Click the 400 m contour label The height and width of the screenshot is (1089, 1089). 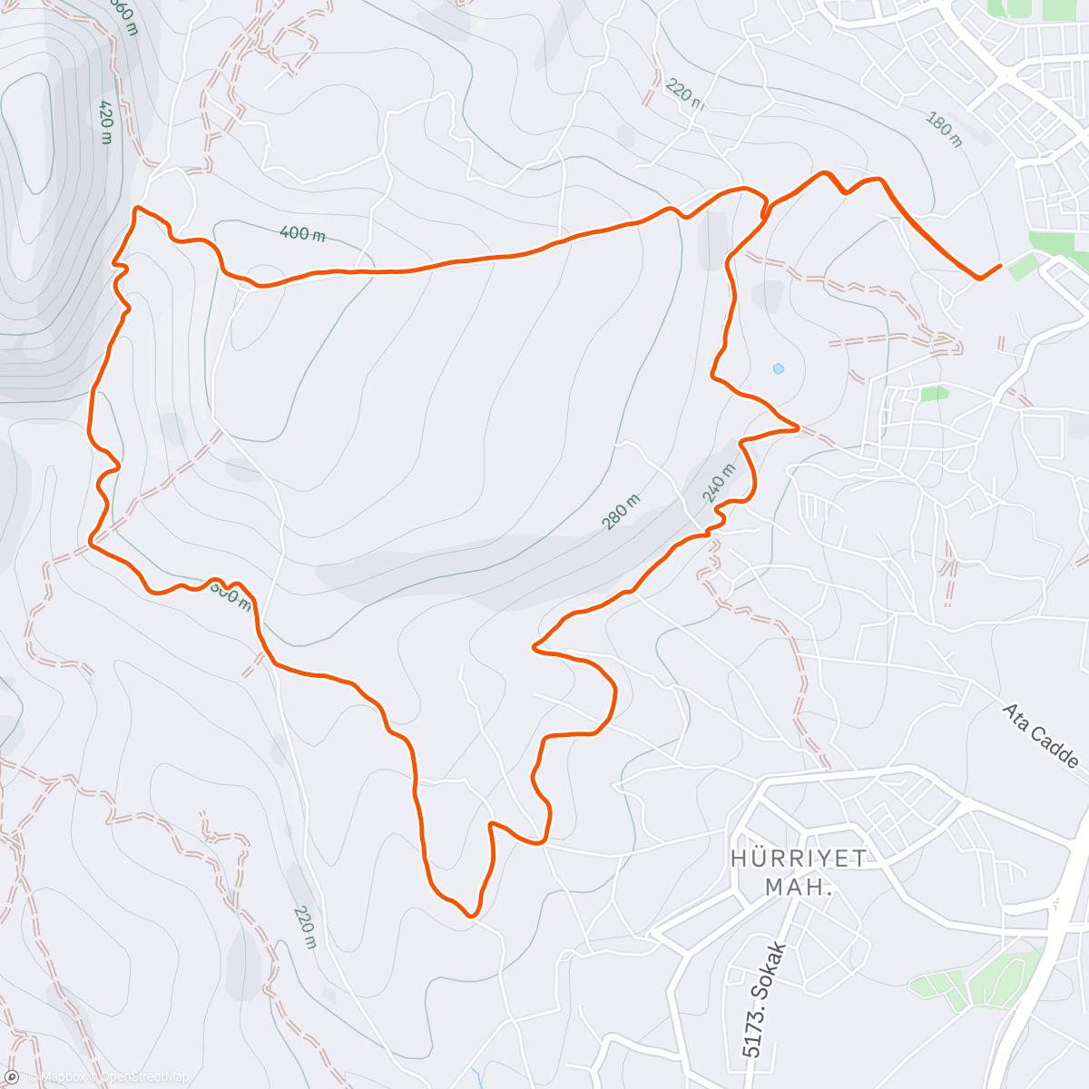302,233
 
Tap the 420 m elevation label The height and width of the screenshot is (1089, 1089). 105,122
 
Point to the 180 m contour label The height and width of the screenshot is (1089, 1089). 944,129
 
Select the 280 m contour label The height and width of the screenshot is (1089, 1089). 622,512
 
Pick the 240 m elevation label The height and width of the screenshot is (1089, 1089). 718,483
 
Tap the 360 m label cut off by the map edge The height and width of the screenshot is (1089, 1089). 123,15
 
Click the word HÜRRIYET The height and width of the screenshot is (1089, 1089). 799,858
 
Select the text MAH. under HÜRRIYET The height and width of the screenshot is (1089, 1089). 799,887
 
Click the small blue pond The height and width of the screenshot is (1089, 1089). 778,368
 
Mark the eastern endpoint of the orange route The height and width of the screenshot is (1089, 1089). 1000,266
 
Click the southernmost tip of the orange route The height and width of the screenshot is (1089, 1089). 470,916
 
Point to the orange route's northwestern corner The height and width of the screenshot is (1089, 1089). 136,209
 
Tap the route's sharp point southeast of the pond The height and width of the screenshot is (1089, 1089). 798,427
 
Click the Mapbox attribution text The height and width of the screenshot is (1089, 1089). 61,1077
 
